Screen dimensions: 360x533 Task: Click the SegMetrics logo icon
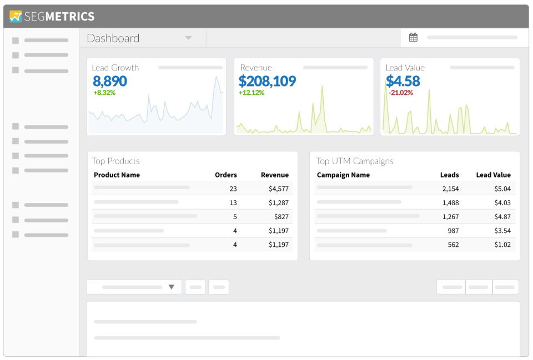tap(16, 16)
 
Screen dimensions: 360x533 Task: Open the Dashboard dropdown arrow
tap(188, 38)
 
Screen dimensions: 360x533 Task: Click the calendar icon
tap(413, 38)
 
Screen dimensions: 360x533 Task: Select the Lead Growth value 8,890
tap(110, 81)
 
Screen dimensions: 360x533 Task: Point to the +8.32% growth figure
tap(104, 93)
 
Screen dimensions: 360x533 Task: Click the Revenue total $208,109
tap(267, 81)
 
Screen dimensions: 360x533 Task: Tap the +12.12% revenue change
tap(252, 93)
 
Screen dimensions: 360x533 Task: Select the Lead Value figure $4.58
tap(403, 81)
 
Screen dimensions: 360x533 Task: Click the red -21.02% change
tap(400, 93)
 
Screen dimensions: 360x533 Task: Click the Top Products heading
tap(115, 161)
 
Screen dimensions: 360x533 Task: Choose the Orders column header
tap(226, 175)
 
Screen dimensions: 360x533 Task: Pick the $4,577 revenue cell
tap(279, 189)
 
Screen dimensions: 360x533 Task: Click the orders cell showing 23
tap(233, 189)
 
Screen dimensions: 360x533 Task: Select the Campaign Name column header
tap(343, 175)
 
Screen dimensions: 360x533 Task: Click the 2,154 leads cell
tap(450, 189)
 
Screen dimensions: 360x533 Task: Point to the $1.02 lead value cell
tap(502, 245)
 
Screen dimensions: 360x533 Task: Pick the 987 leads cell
tap(453, 230)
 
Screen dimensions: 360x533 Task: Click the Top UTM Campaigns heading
tap(355, 161)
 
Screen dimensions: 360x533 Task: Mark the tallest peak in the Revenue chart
tap(321, 87)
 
